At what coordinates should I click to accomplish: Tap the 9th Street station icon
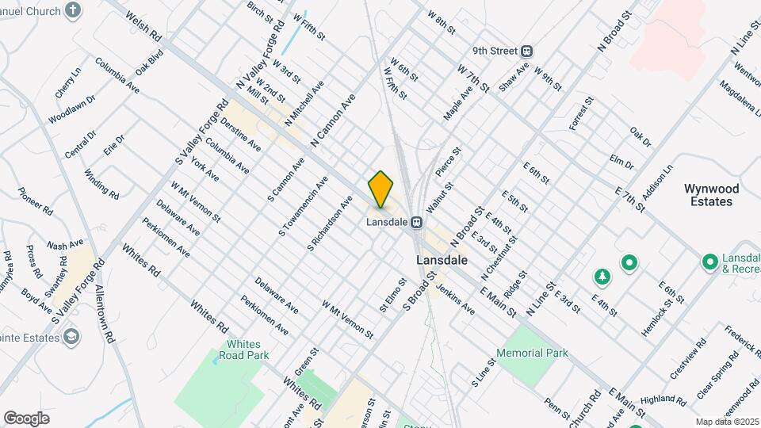point(526,51)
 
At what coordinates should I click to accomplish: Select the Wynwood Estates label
point(711,195)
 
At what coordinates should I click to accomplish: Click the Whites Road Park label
point(249,350)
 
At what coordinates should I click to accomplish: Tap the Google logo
point(26,418)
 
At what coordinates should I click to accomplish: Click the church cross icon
point(73,11)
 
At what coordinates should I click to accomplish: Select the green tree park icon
point(602,277)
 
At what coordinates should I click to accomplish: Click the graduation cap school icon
point(71,338)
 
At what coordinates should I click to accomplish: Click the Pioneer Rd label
point(36,201)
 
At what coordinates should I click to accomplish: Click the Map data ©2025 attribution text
point(726,422)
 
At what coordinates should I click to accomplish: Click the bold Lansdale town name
point(441,260)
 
